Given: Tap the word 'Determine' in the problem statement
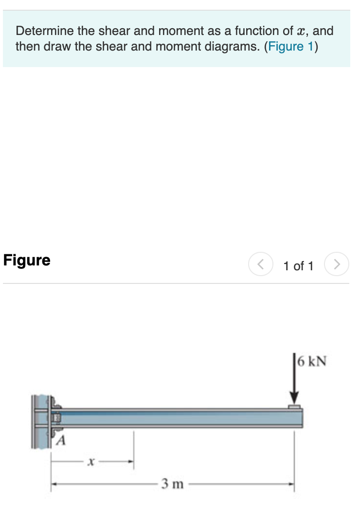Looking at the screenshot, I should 44,31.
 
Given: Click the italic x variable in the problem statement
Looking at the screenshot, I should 302,32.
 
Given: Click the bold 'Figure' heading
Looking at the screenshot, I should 27,260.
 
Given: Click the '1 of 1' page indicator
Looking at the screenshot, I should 298,266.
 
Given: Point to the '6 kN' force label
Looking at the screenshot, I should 312,361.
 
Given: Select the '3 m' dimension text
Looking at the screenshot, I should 173,484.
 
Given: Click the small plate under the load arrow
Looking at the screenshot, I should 294,406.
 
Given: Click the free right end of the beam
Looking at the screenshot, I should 301,418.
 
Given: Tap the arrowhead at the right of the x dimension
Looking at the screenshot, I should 131,463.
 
